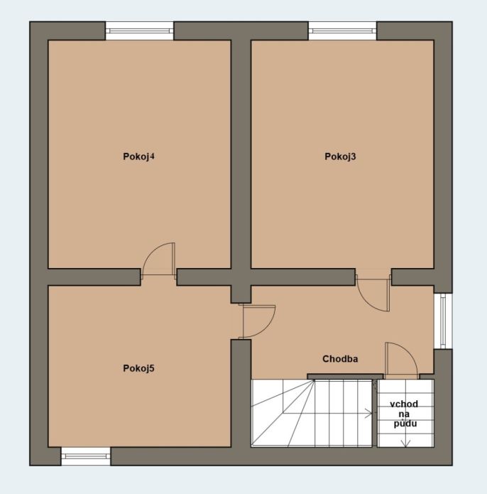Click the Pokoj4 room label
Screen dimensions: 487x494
138,156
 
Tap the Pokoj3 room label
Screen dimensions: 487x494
340,156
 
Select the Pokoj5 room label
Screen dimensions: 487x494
138,368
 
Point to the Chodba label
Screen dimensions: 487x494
340,359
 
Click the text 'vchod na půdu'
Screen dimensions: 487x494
405,414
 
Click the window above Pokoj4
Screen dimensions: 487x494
139,31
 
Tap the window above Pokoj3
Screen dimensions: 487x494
342,31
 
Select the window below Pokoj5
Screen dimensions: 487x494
86,456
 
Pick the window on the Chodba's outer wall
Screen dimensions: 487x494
443,321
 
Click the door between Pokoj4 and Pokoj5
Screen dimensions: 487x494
158,261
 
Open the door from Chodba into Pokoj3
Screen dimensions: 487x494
373,293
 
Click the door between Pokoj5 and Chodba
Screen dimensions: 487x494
257,321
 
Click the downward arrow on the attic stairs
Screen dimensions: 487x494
405,438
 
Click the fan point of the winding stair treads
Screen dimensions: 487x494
314,380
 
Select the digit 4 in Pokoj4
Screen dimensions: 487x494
152,156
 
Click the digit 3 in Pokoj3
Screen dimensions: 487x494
354,156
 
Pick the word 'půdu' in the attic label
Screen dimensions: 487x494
405,424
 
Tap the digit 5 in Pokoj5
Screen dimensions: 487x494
152,368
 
